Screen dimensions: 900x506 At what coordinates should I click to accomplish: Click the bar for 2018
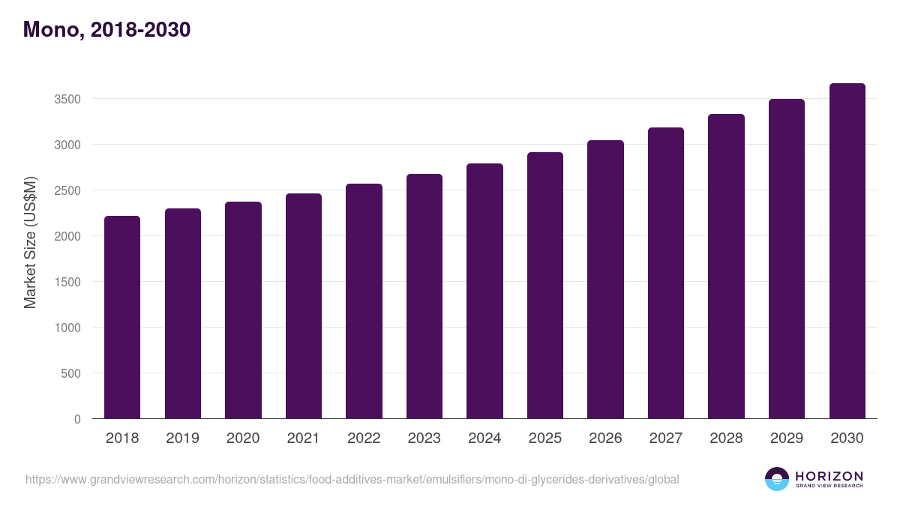coord(122,317)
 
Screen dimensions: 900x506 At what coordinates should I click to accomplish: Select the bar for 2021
coord(304,306)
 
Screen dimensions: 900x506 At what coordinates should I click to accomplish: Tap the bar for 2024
coord(484,291)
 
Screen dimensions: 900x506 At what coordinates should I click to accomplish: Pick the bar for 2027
coord(666,273)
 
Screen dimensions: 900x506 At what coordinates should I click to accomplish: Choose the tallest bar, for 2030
coord(847,251)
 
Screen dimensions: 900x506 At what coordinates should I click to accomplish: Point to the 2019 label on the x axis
coord(182,438)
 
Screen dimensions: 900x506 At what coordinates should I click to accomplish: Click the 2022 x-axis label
coord(364,438)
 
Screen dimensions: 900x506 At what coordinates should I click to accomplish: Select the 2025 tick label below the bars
coord(544,438)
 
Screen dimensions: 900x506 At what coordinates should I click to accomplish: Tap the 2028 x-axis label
coord(726,438)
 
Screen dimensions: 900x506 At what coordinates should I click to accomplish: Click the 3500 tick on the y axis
coord(67,99)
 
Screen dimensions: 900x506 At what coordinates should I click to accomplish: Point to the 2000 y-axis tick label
coord(67,237)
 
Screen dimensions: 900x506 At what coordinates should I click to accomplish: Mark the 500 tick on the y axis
coord(70,374)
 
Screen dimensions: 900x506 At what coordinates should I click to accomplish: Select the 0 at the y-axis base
coord(77,420)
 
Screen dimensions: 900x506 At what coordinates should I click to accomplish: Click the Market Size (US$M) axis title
coord(30,243)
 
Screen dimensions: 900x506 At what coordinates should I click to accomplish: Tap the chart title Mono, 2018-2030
coord(106,29)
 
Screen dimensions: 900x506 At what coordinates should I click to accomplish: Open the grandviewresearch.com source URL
coord(352,480)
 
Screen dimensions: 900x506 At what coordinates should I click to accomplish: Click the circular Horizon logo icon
coord(777,479)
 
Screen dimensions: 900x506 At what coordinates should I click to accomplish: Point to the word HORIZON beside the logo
coord(829,476)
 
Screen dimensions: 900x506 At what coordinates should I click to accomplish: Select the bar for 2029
coord(787,259)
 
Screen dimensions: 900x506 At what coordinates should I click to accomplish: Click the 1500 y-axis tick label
coord(67,283)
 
